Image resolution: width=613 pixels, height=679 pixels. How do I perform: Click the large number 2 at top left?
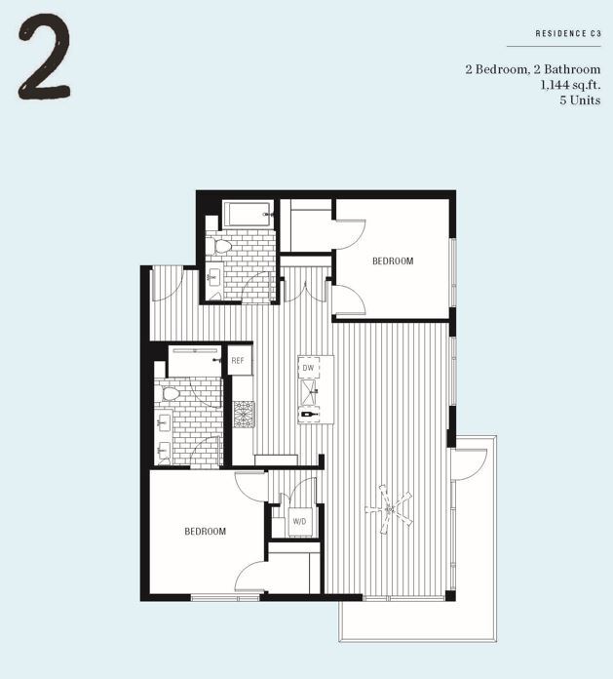click(44, 60)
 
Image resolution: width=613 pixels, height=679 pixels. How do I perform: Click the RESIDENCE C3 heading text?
click(567, 34)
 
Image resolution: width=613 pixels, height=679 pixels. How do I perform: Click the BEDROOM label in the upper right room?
click(393, 261)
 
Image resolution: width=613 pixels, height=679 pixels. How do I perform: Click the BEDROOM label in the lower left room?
click(206, 532)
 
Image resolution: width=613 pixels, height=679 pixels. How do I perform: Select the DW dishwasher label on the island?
click(307, 368)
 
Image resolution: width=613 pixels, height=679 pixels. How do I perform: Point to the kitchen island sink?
click(309, 390)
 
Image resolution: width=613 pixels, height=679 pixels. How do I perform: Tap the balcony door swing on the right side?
click(468, 463)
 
